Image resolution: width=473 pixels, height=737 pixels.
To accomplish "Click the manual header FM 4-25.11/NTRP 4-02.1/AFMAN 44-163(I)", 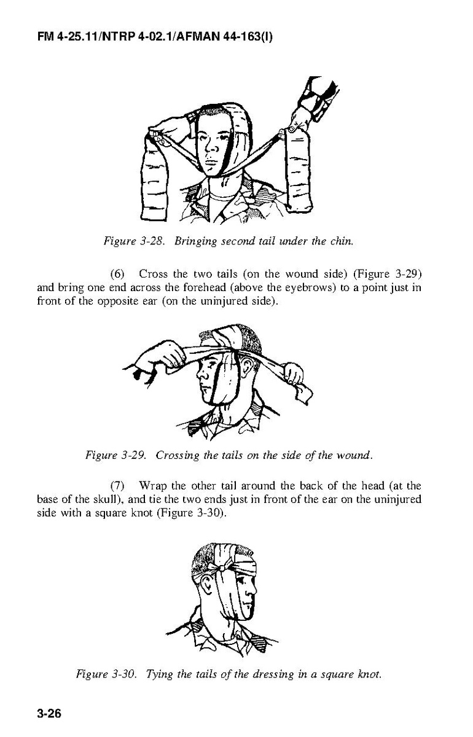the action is coord(155,36).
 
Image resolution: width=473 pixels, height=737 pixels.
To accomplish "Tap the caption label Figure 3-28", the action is coord(134,241).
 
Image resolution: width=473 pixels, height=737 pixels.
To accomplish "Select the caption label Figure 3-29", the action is coord(115,455).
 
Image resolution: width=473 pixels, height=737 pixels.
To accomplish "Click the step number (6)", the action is coord(117,274).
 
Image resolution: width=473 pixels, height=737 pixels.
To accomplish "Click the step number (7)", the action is coord(117,486).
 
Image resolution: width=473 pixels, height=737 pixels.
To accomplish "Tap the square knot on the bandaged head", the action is coord(222,568).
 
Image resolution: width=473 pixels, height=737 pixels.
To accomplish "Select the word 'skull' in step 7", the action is coord(104,499).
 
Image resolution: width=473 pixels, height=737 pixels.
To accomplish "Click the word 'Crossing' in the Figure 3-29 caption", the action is coord(177,456).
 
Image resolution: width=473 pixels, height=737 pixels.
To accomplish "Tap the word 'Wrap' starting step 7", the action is coord(153,486).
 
